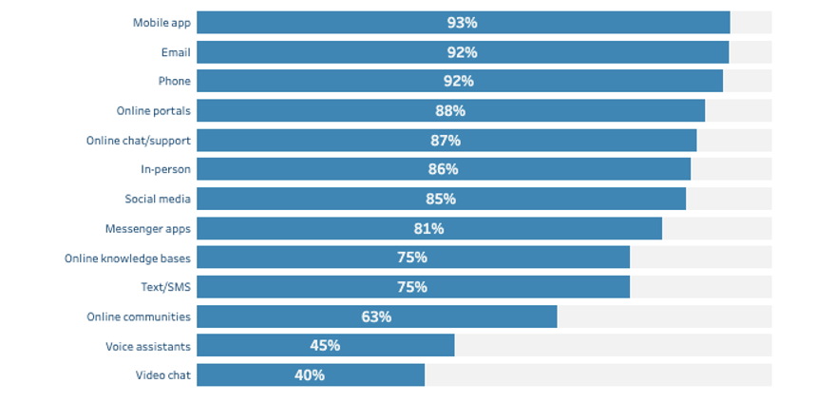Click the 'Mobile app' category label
(x=161, y=23)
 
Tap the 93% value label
(x=463, y=23)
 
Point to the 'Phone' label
(x=175, y=82)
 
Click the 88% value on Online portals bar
(x=450, y=111)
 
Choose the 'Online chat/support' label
(x=139, y=141)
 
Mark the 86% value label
(x=443, y=169)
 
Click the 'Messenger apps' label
(x=148, y=229)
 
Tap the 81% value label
(x=428, y=229)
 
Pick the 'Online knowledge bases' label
(x=127, y=258)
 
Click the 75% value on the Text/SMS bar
(x=412, y=287)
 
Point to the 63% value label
(x=376, y=316)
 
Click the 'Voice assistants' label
(x=148, y=346)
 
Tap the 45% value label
(x=325, y=346)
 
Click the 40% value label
(x=310, y=375)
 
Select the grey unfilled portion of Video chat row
(x=598, y=375)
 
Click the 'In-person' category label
(x=165, y=170)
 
